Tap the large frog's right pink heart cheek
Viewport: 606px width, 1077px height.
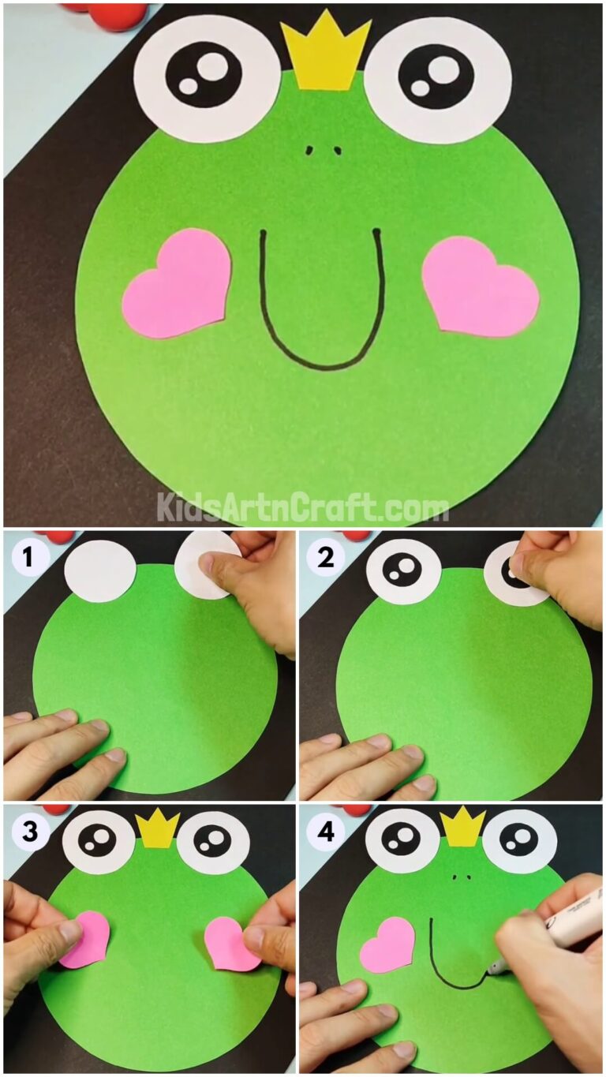point(479,284)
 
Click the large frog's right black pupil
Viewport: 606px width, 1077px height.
point(436,77)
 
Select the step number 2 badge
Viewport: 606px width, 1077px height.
point(324,559)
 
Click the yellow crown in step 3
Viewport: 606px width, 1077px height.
point(158,828)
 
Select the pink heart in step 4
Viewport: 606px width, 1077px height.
point(387,944)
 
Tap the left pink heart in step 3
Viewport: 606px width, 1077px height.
point(85,939)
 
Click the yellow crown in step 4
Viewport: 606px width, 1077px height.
point(462,826)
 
